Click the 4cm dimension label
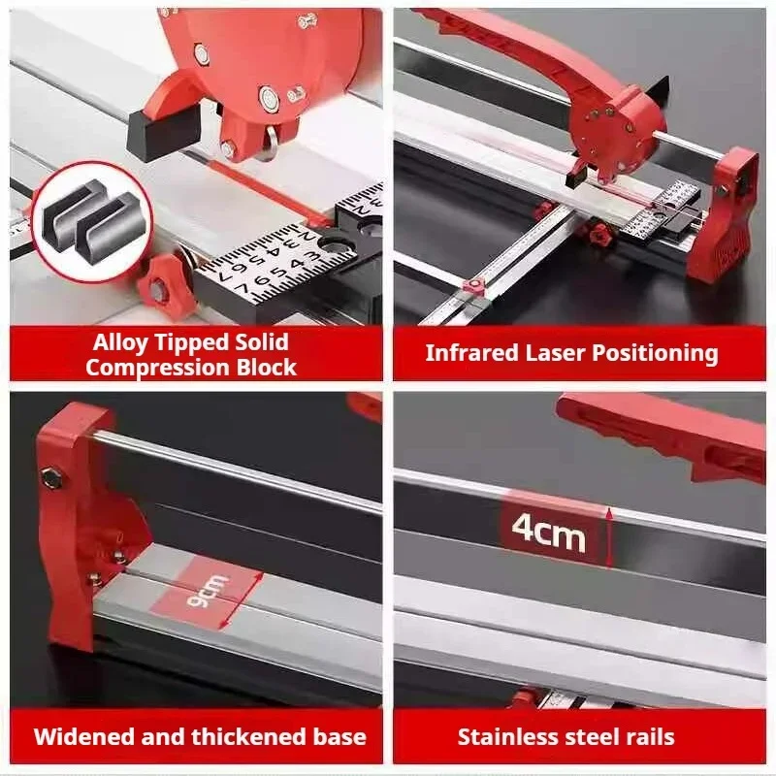point(548,533)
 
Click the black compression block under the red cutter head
point(164,132)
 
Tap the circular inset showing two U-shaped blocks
point(91,221)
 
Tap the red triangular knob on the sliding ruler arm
point(469,286)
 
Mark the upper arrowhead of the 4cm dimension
point(609,513)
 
